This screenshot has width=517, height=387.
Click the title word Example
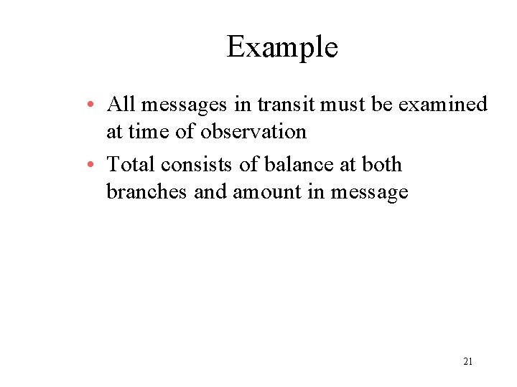(282, 48)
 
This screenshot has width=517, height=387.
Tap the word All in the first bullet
(121, 105)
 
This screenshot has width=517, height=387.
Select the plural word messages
(185, 105)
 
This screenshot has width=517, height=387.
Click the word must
(343, 105)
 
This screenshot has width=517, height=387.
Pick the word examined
(442, 105)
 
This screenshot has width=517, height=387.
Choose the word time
(147, 132)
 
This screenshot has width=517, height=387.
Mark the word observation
(253, 132)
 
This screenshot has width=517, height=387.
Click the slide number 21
(467, 362)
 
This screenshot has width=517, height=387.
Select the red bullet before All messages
(96, 106)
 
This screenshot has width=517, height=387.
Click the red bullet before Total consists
(96, 166)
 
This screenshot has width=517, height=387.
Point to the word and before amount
(210, 192)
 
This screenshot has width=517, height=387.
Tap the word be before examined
(381, 105)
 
